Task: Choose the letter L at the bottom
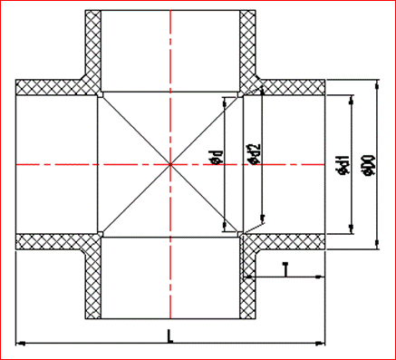click(170, 336)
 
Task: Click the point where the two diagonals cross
click(170, 164)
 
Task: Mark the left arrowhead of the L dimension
click(21, 343)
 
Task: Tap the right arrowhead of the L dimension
click(321, 343)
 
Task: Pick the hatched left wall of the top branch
click(91, 45)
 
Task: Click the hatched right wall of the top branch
click(249, 45)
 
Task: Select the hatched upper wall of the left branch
click(54, 88)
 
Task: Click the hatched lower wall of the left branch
click(54, 240)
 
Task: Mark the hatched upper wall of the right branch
click(290, 88)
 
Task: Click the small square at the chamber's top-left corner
click(101, 94)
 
